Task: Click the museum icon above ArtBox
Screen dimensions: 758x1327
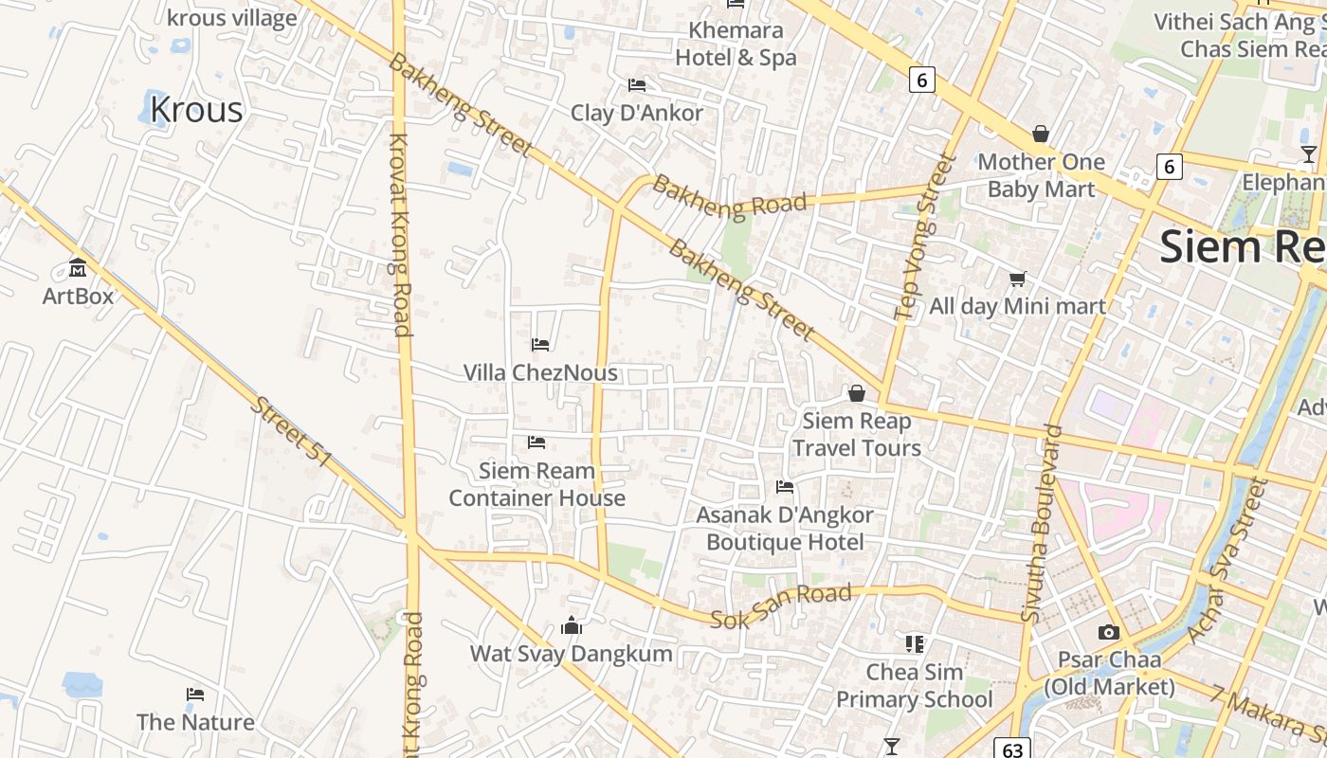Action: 78,268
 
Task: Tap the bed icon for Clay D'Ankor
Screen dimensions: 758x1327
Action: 637,85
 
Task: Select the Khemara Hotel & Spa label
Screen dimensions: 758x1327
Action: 736,44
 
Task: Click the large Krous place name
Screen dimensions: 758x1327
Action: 196,110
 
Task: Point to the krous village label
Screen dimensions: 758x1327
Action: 231,18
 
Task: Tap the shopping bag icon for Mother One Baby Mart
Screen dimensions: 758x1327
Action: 1041,134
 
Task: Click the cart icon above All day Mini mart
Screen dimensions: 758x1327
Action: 1017,279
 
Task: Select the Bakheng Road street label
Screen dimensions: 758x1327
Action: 730,195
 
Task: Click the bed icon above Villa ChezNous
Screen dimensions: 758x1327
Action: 540,345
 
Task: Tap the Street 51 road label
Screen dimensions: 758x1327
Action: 291,431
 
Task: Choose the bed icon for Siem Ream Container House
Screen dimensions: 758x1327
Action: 536,442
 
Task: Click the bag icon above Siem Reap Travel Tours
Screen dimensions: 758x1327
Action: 857,393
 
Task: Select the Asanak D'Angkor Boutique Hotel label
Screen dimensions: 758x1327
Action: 785,529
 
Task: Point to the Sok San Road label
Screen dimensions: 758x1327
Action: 781,605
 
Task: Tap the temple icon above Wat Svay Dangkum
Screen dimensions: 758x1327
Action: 572,625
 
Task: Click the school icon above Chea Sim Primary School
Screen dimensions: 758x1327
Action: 915,644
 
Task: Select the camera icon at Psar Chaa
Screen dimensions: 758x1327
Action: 1108,632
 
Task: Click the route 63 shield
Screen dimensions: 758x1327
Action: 1012,749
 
